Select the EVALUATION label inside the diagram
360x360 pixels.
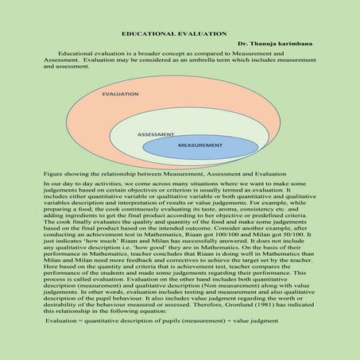tap(122, 93)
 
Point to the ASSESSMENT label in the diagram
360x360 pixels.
tap(156, 134)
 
